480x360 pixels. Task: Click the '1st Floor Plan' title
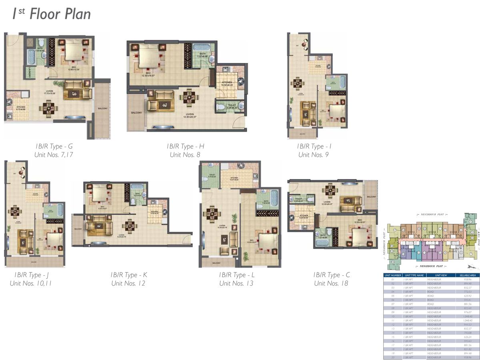tap(51, 14)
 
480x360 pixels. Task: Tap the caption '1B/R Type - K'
tap(129, 275)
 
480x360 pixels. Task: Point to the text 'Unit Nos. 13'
tap(236, 283)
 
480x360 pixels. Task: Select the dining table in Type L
tap(210, 214)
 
